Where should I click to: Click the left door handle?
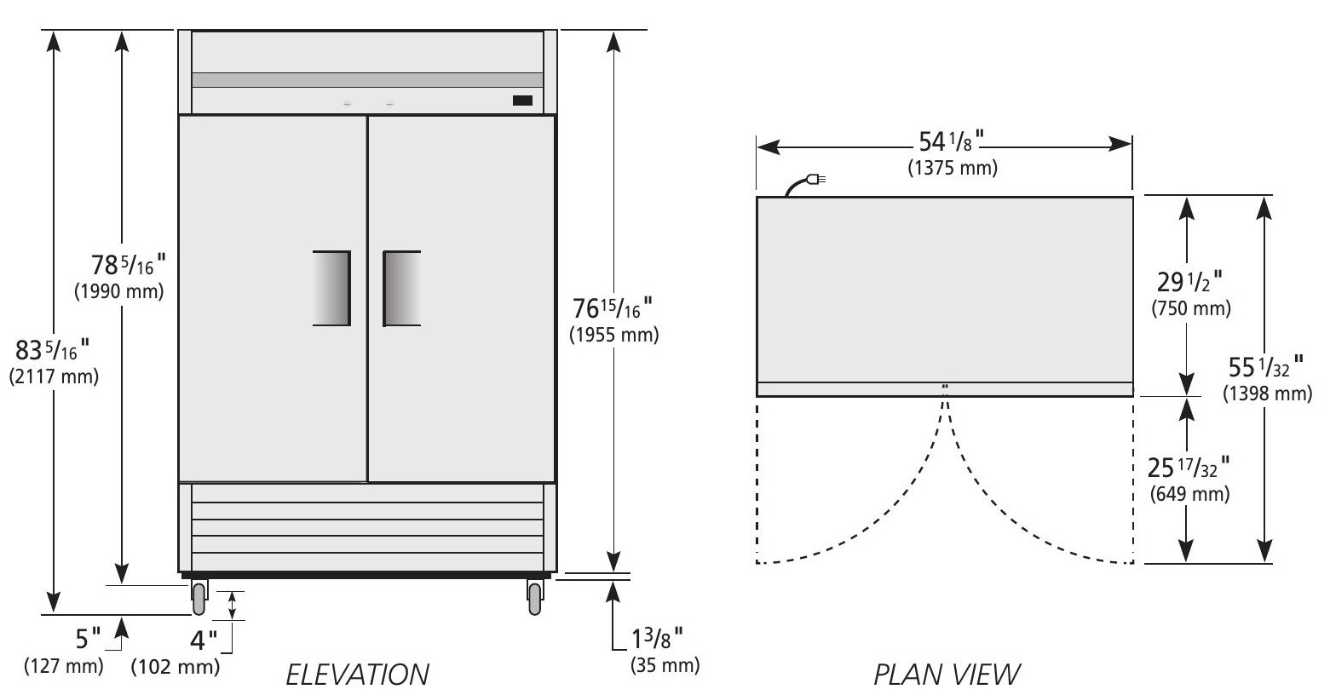[331, 288]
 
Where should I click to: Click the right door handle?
[402, 288]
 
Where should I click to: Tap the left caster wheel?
[199, 598]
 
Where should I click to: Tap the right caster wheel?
[534, 598]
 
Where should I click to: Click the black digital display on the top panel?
[522, 101]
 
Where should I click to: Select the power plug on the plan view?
[815, 180]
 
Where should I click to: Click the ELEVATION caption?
[356, 675]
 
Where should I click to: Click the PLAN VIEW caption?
[947, 675]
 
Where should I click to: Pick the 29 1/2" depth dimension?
[1190, 282]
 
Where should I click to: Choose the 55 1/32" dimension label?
[1264, 368]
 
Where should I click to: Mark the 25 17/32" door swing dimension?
[1190, 468]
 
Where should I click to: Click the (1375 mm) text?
[952, 169]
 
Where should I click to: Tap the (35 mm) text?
[665, 664]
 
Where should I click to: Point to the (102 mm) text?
[175, 665]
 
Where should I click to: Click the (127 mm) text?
[61, 664]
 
